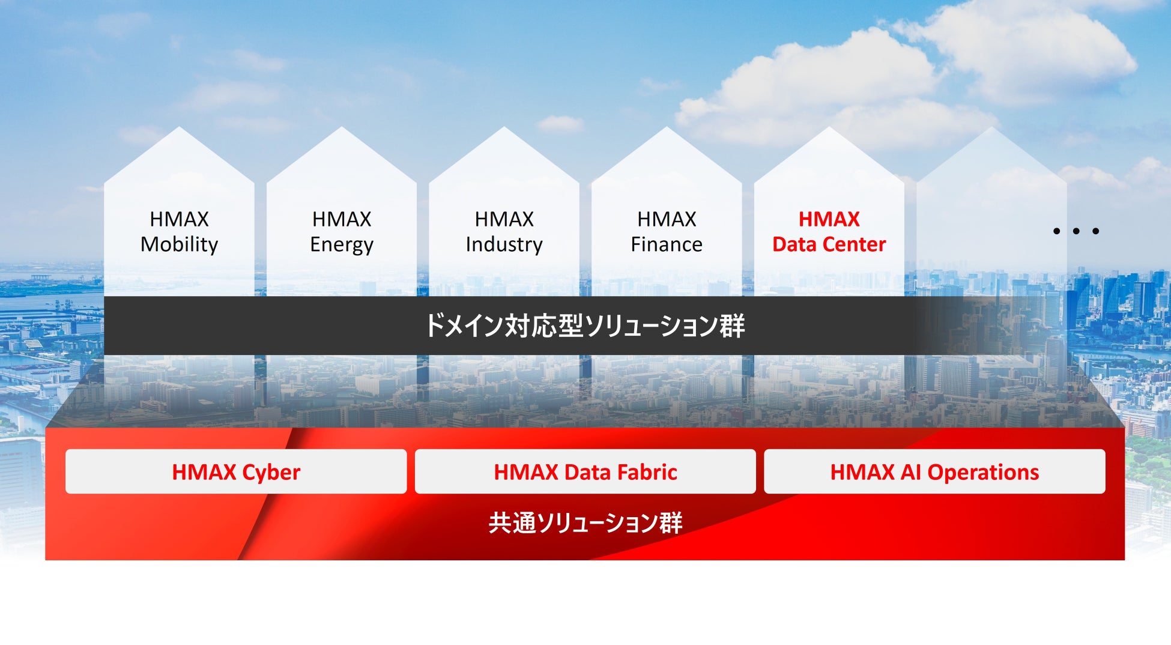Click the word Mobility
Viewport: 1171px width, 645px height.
coord(179,245)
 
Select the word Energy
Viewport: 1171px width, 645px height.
coord(342,245)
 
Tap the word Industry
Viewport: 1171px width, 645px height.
coord(504,245)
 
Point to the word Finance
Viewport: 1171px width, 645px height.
coord(667,244)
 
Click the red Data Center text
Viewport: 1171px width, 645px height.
coord(829,244)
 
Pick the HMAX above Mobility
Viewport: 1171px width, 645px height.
coord(179,219)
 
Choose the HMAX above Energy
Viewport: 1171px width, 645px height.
coord(342,219)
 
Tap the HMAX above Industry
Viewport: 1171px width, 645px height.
coord(504,219)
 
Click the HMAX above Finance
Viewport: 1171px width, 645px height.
coord(667,219)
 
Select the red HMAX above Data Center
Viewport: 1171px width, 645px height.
coord(829,219)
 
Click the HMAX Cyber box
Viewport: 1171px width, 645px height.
coord(236,471)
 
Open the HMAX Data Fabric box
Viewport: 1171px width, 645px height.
coord(585,471)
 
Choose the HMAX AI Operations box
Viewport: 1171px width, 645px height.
coord(934,471)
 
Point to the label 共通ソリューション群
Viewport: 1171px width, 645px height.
coord(585,522)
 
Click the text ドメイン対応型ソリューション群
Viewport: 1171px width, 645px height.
coord(585,326)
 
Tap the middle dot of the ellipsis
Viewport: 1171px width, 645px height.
coord(1076,231)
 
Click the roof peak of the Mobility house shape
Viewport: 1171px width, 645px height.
coord(179,127)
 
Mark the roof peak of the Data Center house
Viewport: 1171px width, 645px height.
coord(829,127)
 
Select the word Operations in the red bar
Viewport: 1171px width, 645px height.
coord(983,473)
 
